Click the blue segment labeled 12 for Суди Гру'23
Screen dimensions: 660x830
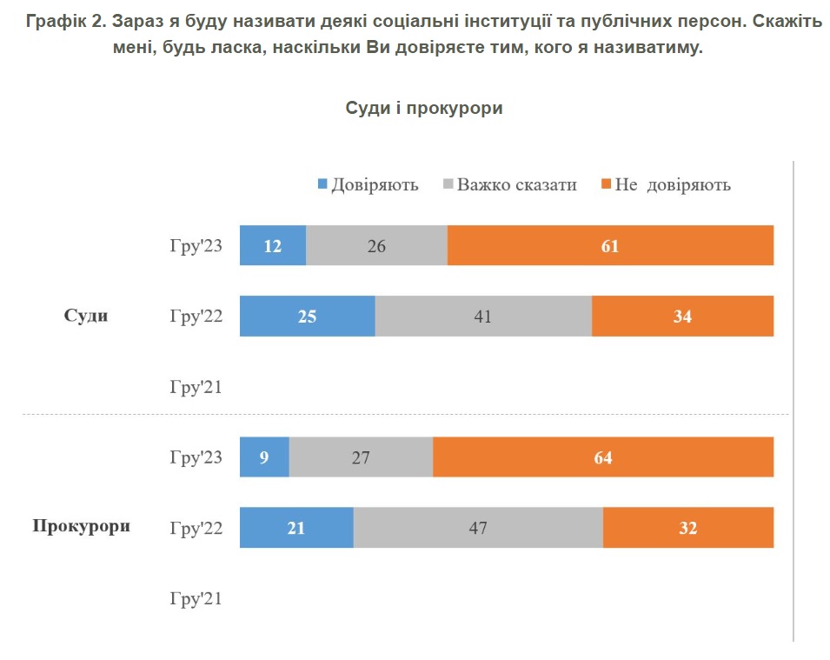click(272, 245)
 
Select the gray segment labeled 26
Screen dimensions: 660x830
click(376, 245)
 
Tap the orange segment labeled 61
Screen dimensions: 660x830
click(610, 245)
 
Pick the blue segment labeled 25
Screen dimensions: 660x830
click(307, 316)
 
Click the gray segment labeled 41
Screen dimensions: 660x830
click(483, 316)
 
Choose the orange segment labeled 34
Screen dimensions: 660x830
click(682, 316)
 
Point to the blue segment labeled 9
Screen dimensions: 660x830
click(264, 457)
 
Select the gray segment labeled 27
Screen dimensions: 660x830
click(361, 457)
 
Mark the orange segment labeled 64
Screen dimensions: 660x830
click(603, 457)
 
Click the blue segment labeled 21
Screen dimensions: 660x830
click(296, 527)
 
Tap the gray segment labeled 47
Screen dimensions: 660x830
click(478, 527)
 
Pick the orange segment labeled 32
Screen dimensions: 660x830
click(687, 527)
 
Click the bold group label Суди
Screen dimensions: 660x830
click(86, 316)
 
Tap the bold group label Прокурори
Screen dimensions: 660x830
click(82, 526)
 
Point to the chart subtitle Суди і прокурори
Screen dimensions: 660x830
click(424, 108)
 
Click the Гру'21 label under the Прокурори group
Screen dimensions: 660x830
click(196, 598)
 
